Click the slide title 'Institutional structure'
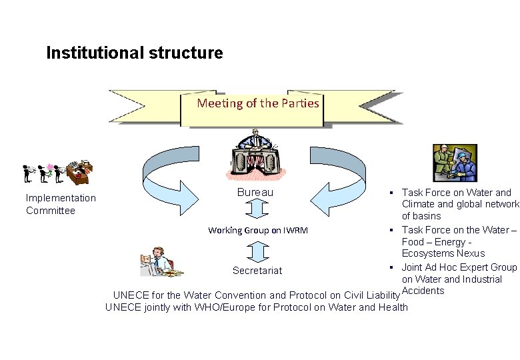click(x=135, y=53)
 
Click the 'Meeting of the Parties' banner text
click(x=258, y=103)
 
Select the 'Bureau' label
click(x=255, y=193)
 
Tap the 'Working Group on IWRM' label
click(x=257, y=231)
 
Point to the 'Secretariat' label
click(x=257, y=270)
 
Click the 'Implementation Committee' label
click(x=61, y=204)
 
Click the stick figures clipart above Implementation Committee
click(x=57, y=173)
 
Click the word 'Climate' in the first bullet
click(x=418, y=205)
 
